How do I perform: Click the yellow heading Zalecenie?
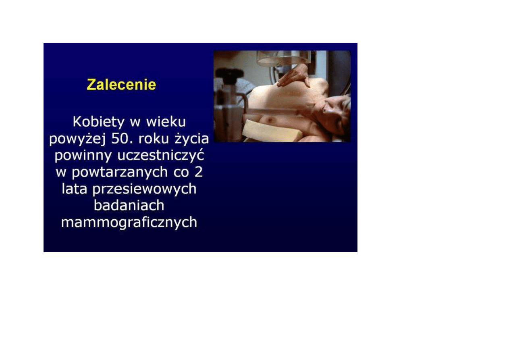point(121,85)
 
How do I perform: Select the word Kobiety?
point(99,122)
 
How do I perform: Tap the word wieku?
point(166,122)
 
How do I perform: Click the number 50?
point(122,138)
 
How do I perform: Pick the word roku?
point(154,138)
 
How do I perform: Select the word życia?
point(191,139)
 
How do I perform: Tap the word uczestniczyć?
point(161,156)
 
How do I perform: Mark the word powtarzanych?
point(120,173)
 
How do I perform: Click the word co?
point(181,173)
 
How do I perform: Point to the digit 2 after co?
point(198,172)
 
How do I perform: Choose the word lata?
point(74,189)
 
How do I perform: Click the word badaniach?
point(129,206)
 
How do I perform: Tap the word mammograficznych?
point(129,223)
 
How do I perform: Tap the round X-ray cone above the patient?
point(284,58)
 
